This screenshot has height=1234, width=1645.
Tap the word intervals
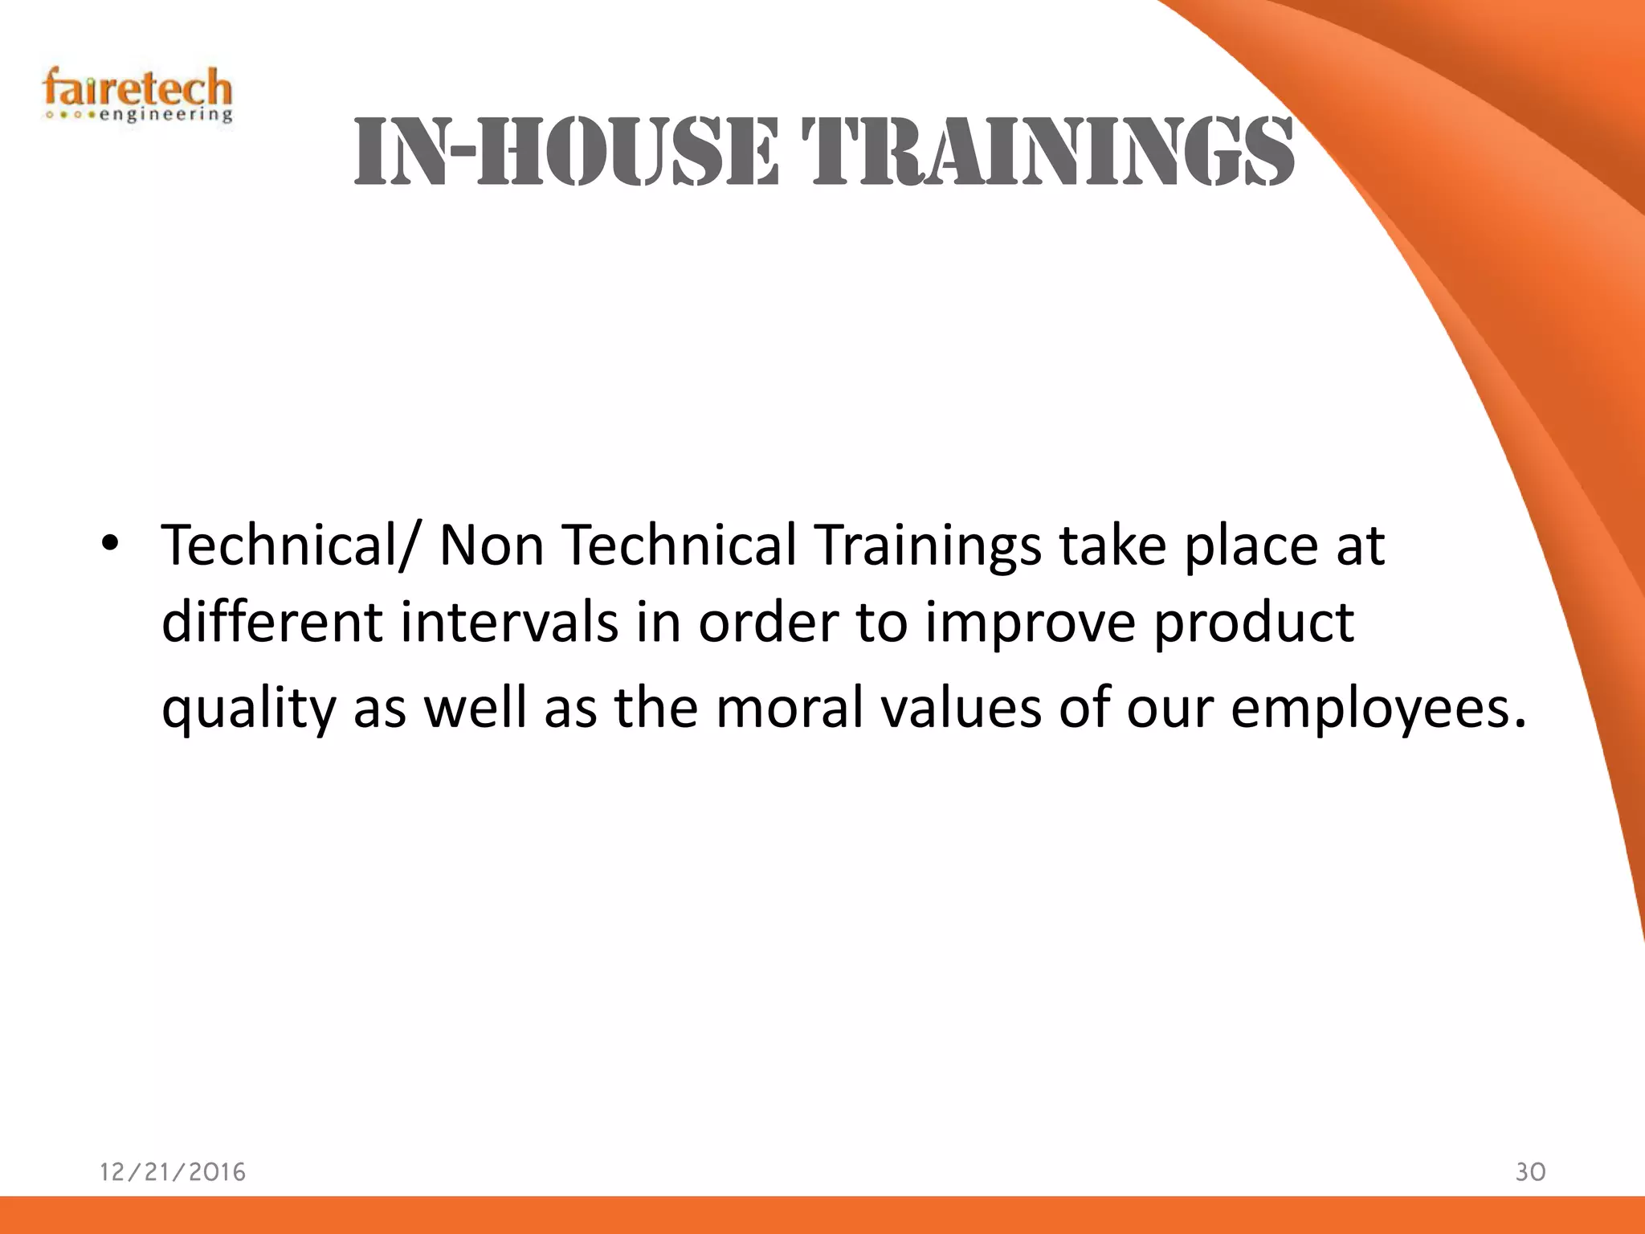(510, 622)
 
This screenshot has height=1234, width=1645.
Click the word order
(768, 623)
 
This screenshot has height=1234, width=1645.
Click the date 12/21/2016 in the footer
(173, 1172)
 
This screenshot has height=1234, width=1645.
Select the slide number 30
(1530, 1172)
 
